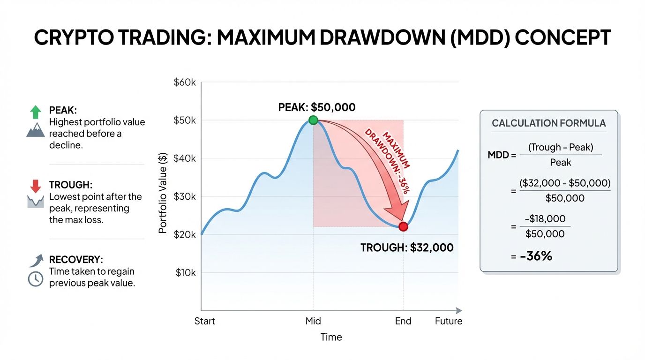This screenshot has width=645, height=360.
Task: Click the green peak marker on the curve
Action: click(313, 120)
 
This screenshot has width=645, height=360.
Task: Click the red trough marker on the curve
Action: click(403, 227)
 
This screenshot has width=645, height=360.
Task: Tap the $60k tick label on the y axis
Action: click(184, 82)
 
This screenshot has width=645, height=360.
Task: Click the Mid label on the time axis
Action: click(313, 321)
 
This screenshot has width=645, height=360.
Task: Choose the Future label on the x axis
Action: click(448, 321)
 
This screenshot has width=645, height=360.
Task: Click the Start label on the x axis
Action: click(205, 321)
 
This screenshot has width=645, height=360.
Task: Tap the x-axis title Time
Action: click(331, 337)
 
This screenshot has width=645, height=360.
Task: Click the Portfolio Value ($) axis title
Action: click(163, 193)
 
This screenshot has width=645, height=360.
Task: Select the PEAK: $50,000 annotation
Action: click(317, 107)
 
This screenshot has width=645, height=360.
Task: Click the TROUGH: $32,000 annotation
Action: click(407, 247)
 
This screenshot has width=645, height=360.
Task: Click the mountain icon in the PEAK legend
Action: click(36, 130)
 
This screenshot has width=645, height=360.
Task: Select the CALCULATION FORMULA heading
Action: click(548, 123)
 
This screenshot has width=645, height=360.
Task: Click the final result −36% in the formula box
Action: click(536, 256)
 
